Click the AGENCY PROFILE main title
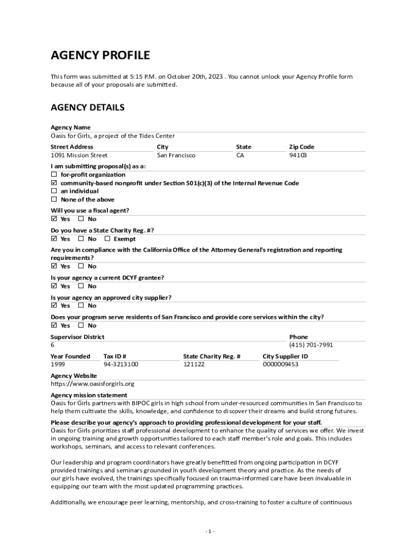point(100,55)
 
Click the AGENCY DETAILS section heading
point(87,108)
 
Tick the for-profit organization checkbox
point(54,175)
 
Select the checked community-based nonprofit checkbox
point(54,183)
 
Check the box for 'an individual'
point(54,191)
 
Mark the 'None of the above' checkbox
point(54,200)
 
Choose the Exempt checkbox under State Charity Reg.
point(107,239)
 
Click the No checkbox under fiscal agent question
point(81,219)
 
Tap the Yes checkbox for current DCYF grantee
point(54,286)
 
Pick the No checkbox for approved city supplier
point(81,306)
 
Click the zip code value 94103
point(298,156)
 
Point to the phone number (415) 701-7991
point(311,345)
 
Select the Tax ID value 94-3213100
point(121,364)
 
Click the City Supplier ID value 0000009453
point(280,364)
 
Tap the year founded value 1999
point(58,364)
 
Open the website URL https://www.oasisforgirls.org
point(92,384)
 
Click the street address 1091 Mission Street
point(79,156)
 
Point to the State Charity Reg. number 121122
point(194,364)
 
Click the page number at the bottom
point(210,531)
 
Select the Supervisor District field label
point(77,337)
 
